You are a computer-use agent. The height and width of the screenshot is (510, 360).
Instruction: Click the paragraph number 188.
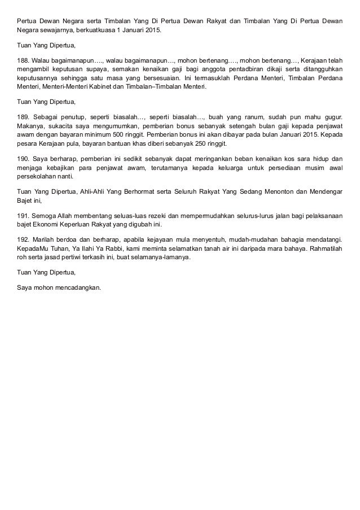23,59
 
